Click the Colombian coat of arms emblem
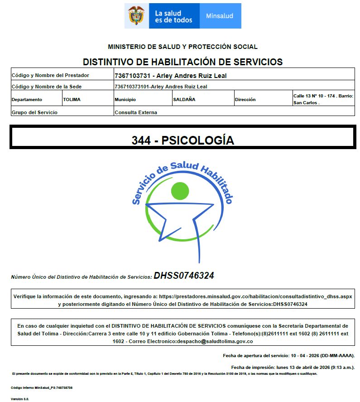tap(135, 16)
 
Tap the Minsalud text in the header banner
tap(220, 16)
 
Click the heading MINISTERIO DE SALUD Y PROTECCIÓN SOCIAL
tap(182, 47)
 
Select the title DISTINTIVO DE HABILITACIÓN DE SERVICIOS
tap(182, 62)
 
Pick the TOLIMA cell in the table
tap(72, 100)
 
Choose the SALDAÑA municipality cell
tap(184, 100)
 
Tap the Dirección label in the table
tap(245, 100)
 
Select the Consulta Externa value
tap(136, 112)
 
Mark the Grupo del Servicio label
tap(34, 112)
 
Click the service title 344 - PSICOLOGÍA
tap(182, 140)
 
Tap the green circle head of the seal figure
tap(180, 191)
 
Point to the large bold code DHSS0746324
tap(184, 276)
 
